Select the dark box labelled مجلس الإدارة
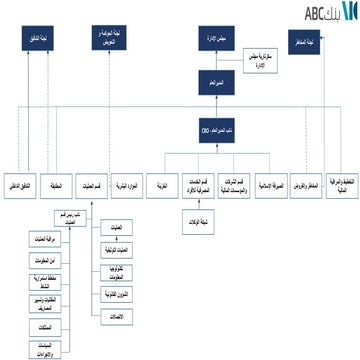(x=213, y=41)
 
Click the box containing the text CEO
(x=212, y=128)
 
